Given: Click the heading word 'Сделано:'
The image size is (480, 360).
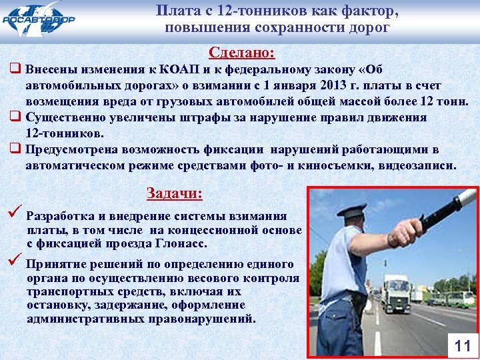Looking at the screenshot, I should coord(241,52).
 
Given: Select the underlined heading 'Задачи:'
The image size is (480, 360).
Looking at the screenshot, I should coord(175,193).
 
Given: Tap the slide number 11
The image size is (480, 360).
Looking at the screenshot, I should coord(462,345).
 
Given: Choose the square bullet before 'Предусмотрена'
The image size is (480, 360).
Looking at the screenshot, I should coord(14,148).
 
